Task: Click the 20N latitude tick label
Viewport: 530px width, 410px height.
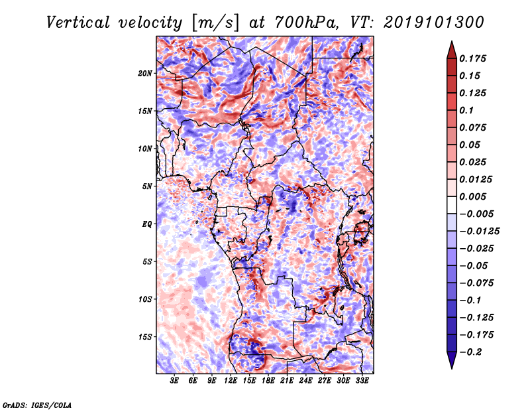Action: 145,74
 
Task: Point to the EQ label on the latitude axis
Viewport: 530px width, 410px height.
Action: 146,224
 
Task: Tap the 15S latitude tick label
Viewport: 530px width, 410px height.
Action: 145,337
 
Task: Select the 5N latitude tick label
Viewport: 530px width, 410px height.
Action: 147,186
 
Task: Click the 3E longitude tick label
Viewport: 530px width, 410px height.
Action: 174,381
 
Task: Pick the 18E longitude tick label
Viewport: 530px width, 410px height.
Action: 268,381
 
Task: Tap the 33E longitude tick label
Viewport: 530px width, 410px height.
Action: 362,381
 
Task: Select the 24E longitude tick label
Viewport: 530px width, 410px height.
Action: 305,381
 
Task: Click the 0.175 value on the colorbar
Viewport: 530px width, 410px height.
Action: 472,58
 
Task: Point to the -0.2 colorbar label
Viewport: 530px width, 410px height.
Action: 470,352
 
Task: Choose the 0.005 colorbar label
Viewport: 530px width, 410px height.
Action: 472,196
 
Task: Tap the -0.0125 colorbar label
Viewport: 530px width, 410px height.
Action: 479,232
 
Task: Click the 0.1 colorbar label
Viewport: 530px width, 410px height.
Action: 466,110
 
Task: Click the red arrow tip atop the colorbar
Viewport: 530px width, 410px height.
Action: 452,41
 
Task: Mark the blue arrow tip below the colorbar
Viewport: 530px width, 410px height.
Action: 452,368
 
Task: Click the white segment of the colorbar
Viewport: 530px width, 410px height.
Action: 452,205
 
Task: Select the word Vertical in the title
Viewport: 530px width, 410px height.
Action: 78,23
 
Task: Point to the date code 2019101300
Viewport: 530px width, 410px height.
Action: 434,23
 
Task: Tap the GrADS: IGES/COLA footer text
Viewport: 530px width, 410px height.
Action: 37,405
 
